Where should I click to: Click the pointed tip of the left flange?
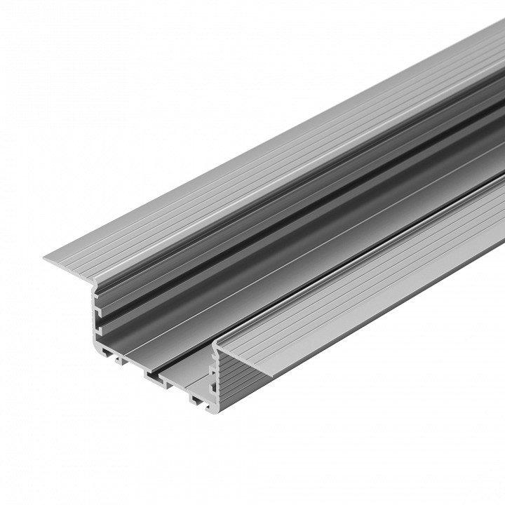[45, 259]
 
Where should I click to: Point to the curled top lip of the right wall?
[218, 342]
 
